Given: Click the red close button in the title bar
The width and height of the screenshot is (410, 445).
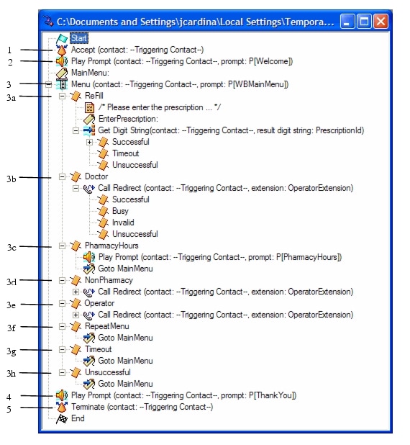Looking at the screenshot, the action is point(381,22).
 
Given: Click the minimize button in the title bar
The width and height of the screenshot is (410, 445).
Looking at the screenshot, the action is point(347,22).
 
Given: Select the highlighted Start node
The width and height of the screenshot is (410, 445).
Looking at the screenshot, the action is point(79,38).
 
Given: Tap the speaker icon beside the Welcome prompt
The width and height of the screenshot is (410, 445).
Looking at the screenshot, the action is point(62,61).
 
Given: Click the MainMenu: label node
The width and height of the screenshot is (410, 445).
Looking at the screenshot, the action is point(90,73).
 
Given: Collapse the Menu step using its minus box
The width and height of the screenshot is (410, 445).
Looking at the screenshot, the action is point(48,84).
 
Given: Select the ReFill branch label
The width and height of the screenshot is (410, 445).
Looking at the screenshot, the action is point(94,96).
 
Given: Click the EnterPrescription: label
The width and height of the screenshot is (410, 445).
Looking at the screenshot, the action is point(128,119).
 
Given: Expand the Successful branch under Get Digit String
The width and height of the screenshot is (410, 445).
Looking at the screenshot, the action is point(89,142).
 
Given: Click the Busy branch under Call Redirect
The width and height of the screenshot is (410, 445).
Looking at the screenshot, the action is point(120,211).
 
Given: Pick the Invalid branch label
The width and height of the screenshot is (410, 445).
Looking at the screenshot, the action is point(123,223).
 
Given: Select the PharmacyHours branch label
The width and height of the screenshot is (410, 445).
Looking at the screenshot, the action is point(111,246).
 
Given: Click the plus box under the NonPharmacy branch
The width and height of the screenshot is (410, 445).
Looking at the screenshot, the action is point(76,292).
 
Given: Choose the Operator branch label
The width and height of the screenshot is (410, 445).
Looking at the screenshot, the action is point(99,303).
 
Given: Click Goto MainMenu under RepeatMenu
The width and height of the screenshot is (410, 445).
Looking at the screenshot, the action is point(125,338).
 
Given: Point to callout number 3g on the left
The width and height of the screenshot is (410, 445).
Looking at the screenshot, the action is point(12,351).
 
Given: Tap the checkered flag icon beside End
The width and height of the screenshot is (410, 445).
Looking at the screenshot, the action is point(62,418).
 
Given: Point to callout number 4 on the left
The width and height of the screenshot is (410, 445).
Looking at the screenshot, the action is point(9,397).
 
